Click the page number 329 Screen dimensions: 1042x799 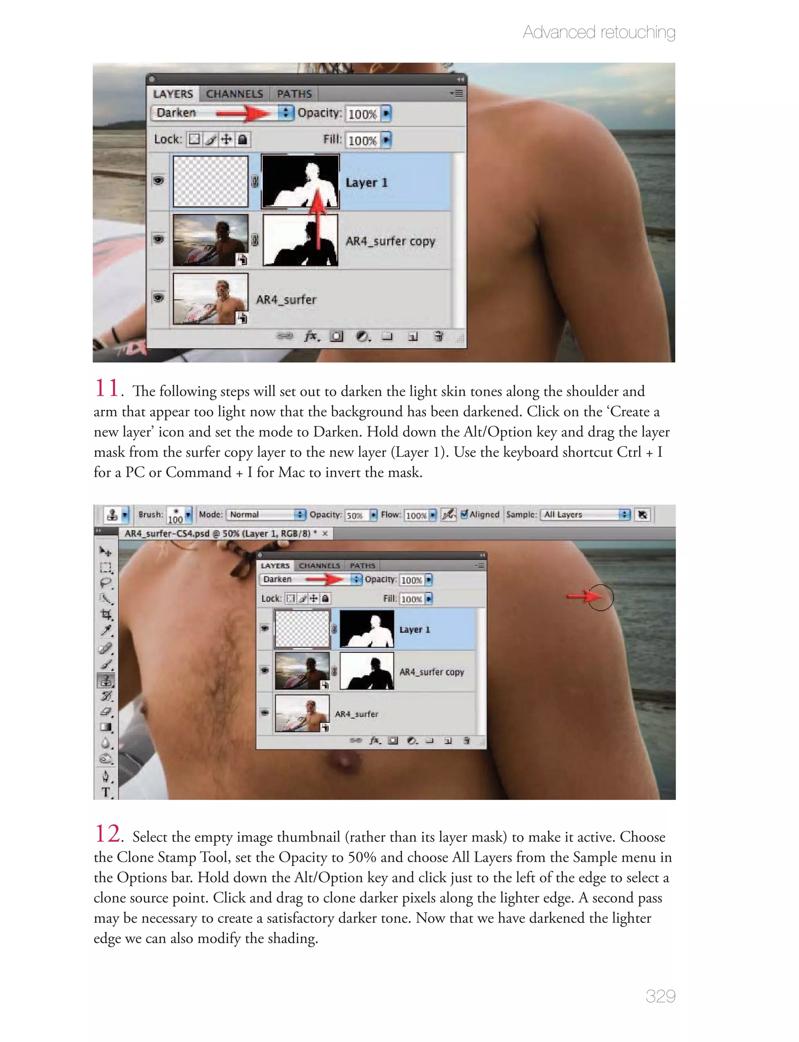660,996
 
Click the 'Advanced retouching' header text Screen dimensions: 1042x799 599,32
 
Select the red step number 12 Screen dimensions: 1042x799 108,834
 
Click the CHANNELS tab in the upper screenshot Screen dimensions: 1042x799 234,94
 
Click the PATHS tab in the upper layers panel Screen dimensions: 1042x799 295,94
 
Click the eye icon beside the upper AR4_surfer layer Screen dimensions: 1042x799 158,297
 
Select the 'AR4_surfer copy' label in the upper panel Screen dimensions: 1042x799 390,241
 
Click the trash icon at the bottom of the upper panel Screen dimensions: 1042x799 439,337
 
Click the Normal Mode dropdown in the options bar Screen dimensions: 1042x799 266,514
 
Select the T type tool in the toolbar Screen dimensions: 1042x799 106,792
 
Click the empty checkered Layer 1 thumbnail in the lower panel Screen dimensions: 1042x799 302,629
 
